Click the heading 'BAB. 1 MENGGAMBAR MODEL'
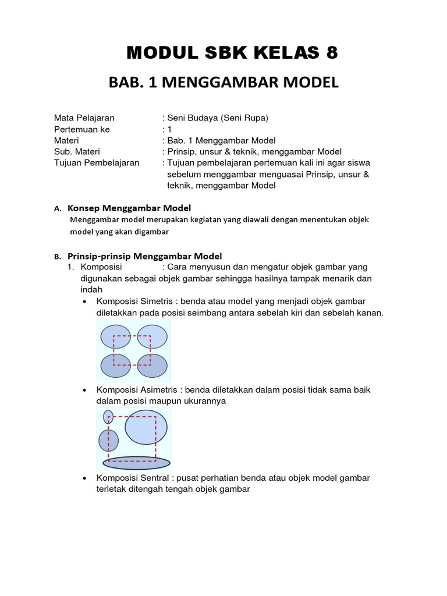pos(223,83)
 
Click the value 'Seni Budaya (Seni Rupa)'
pos(218,118)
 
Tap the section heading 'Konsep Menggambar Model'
pos(129,208)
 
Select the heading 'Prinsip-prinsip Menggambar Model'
pos(145,256)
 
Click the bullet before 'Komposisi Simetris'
pos(86,301)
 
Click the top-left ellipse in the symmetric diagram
pos(116,337)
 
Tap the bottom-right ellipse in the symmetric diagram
pos(152,366)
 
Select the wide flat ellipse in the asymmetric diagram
pos(137,463)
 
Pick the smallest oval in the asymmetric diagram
pos(108,417)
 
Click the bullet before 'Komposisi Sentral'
pos(86,478)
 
